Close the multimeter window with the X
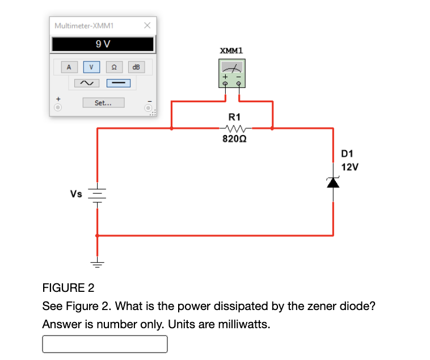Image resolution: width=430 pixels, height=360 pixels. [146, 26]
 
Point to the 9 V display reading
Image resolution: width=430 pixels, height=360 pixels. [103, 44]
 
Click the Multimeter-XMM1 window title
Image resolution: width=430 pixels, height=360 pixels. [85, 26]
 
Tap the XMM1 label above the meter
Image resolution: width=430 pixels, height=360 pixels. [231, 51]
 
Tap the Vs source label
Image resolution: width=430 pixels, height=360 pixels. [76, 194]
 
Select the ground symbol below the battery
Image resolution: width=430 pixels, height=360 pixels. [98, 263]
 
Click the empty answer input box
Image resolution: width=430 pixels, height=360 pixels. [105, 344]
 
